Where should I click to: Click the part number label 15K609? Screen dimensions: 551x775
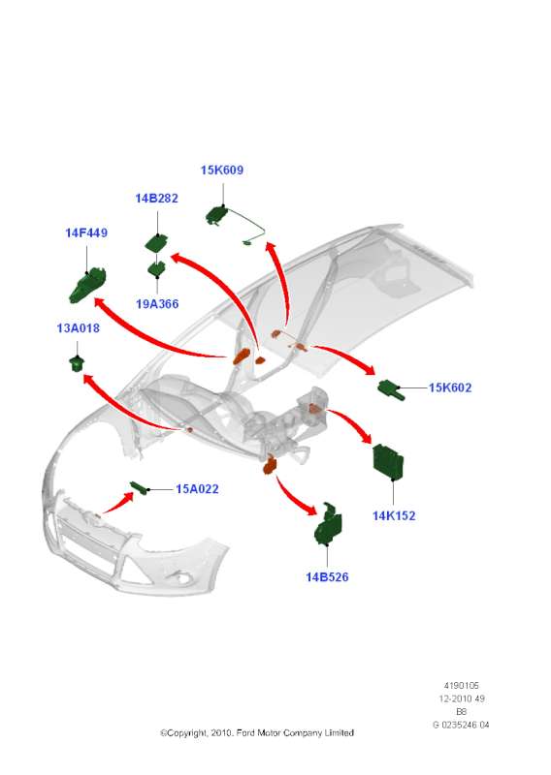click(x=222, y=170)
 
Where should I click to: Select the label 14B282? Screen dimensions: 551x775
click(x=156, y=199)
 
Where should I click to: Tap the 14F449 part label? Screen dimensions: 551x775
click(x=86, y=232)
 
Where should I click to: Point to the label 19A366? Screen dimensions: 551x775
click(x=157, y=304)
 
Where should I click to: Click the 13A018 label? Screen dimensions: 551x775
click(x=79, y=328)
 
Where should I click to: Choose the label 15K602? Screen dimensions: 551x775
click(x=450, y=387)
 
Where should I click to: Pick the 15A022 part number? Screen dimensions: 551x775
click(x=197, y=489)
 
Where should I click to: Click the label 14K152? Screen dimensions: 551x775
click(x=394, y=515)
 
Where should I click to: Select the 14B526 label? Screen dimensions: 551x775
click(x=327, y=576)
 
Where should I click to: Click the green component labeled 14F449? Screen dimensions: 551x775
click(x=87, y=286)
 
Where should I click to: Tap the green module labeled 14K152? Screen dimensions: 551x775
click(x=388, y=462)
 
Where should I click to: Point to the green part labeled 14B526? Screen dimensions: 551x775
click(x=328, y=524)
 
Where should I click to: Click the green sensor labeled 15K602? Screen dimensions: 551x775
click(x=391, y=389)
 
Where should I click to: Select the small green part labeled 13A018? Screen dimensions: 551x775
click(x=77, y=363)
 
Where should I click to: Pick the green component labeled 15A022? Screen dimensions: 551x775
click(x=140, y=487)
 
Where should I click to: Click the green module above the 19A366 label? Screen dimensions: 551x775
click(x=156, y=243)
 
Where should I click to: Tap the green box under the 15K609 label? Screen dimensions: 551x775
click(x=217, y=215)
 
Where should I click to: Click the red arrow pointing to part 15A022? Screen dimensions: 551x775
click(x=117, y=504)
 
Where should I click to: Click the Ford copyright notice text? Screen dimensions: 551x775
click(x=257, y=732)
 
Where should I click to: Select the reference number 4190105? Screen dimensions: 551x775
click(x=462, y=686)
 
